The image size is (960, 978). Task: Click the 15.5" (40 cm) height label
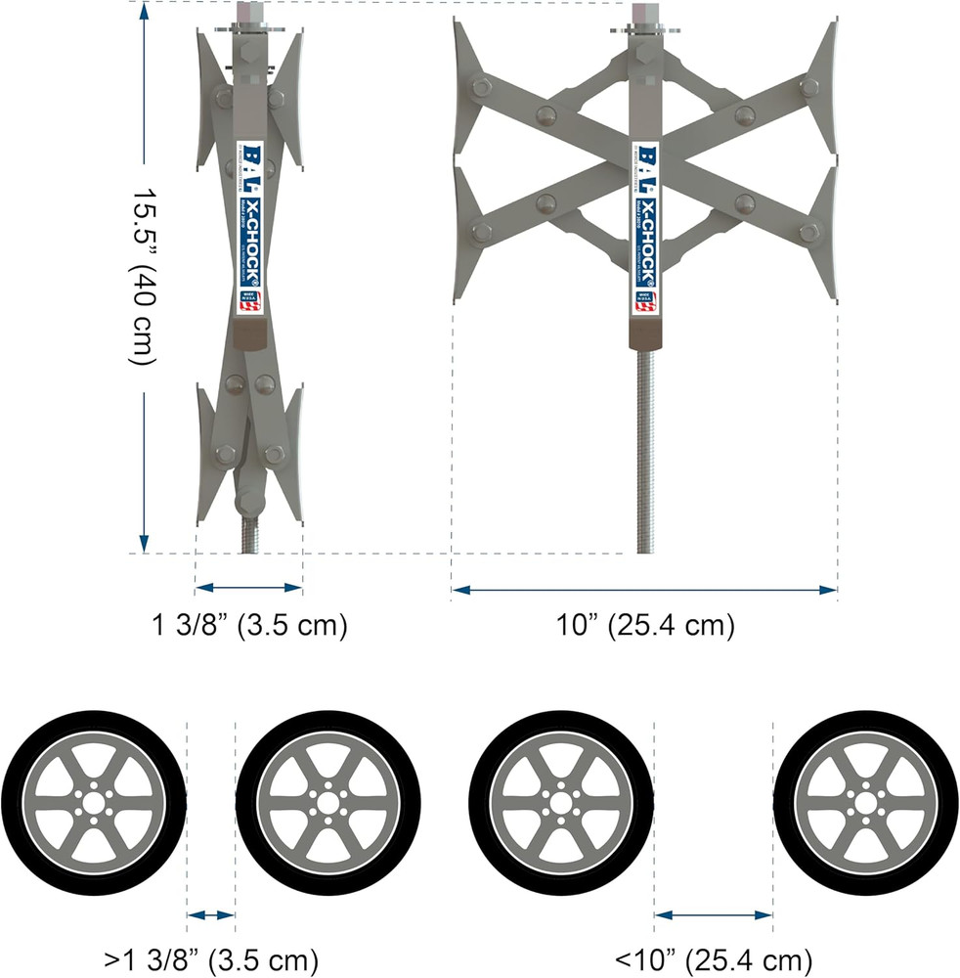coord(144,277)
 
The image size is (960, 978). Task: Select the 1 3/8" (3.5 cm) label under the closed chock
coord(248,625)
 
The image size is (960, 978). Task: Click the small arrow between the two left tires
coord(211,915)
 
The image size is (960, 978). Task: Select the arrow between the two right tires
coord(713,915)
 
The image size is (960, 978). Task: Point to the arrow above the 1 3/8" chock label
coord(248,587)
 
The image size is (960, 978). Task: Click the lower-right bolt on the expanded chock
coord(807,232)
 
